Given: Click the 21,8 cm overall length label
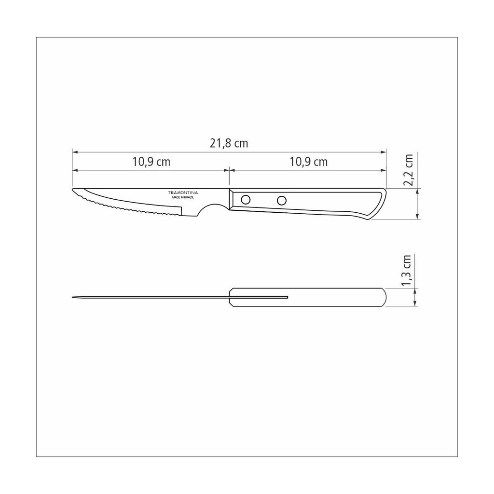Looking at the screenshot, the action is click(229, 144).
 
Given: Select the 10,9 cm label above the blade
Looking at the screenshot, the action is click(151, 162).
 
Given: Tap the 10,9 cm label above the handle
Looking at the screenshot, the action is click(308, 162).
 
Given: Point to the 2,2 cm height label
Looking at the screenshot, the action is click(408, 170).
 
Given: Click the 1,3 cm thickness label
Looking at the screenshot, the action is click(406, 270).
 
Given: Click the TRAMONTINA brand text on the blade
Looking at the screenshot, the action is click(183, 192).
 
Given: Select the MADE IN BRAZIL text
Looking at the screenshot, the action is click(183, 197).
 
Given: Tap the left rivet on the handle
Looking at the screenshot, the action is click(246, 199).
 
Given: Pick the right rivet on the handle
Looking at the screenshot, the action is click(282, 200).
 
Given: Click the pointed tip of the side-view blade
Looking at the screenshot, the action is click(72, 190).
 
